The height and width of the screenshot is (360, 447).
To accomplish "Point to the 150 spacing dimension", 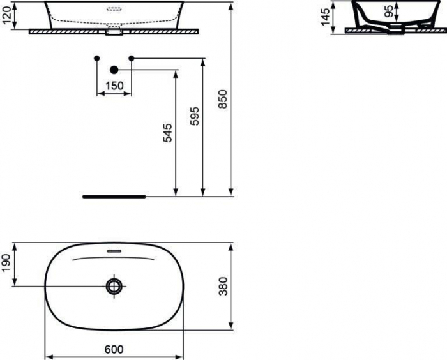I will coord(114,86).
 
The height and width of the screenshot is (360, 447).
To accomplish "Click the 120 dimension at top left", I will coord(8,15).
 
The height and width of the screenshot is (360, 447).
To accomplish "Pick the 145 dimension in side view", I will coord(326,16).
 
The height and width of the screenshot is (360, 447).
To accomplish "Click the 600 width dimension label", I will coord(113,349).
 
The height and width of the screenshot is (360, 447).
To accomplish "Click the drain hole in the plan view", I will coord(114,286).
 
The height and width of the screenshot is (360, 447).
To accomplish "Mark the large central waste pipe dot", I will coord(114,70).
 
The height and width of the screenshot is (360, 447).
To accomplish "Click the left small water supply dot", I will coord(96,59).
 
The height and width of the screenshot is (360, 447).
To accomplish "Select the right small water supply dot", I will coord(132,59).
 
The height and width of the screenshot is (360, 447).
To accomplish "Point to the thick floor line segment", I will coord(115,197).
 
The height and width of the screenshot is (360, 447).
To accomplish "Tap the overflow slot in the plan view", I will coord(114,251).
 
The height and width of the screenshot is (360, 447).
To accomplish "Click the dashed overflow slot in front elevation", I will coord(114,10).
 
